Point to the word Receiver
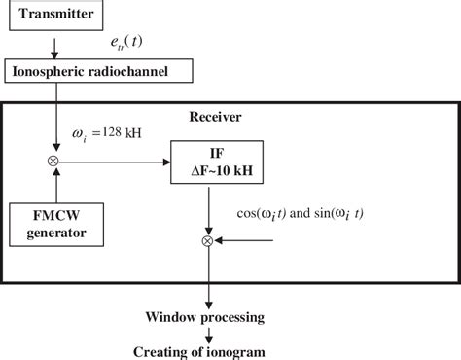point(215,117)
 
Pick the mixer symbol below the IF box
point(207,237)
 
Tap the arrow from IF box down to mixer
point(207,208)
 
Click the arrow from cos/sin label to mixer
point(248,237)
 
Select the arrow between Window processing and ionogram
point(207,334)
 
